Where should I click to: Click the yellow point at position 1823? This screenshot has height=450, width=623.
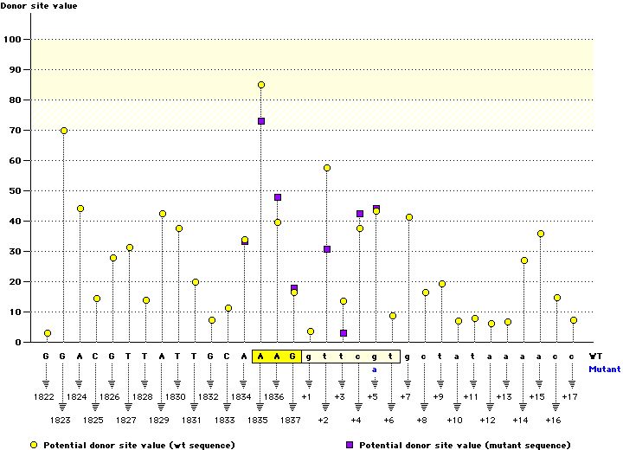[x=64, y=131]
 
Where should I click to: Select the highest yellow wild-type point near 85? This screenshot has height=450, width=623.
[x=261, y=85]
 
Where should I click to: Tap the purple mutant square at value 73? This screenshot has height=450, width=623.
[x=261, y=121]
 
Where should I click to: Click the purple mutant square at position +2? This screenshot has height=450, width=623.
[x=327, y=249]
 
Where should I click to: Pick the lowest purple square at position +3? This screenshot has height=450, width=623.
[x=344, y=333]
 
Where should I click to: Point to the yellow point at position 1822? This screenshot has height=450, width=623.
[x=48, y=333]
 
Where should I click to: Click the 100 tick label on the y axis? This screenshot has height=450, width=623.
[x=14, y=40]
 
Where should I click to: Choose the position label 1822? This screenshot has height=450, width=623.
[x=48, y=397]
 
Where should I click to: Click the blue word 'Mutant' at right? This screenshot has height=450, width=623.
[x=604, y=369]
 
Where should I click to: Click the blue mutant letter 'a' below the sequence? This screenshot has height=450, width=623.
[x=376, y=369]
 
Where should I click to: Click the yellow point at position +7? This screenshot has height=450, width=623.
[x=409, y=217]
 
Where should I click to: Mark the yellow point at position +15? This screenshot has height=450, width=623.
[x=541, y=234]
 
